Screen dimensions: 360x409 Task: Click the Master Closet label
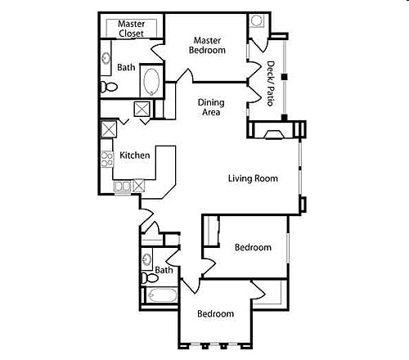[x=131, y=29]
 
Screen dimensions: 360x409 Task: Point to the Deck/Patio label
[x=271, y=84]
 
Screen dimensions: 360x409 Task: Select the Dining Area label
[x=210, y=107]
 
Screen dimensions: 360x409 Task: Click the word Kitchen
[x=134, y=155]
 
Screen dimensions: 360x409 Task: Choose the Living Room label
[x=253, y=178]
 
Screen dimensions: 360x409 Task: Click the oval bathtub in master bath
[x=151, y=82]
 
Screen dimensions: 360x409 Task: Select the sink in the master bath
[x=107, y=59]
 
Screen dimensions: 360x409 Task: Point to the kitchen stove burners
[x=107, y=159]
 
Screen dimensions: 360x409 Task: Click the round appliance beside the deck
[x=257, y=20]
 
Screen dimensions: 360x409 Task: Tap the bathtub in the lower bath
[x=161, y=295]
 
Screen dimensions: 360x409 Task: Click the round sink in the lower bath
[x=146, y=260]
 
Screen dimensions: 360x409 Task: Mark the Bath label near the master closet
[x=126, y=67]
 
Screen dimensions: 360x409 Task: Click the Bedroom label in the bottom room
[x=216, y=313]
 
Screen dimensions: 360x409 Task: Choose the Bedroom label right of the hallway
[x=253, y=247]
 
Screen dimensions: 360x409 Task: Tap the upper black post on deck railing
[x=285, y=76]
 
